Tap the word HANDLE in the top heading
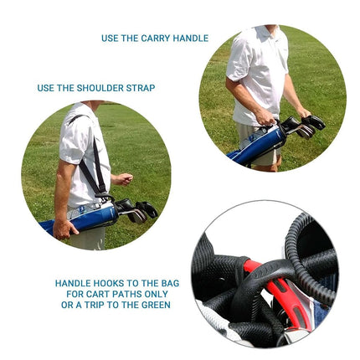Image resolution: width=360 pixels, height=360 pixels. click(x=191, y=39)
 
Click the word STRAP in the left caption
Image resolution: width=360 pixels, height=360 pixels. click(x=141, y=88)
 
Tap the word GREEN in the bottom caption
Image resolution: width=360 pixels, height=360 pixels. click(x=156, y=305)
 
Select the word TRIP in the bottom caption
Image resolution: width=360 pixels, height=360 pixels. click(x=95, y=305)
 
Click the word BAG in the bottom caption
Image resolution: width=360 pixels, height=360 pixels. click(x=170, y=283)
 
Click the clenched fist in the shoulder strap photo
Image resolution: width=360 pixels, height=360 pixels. click(x=125, y=179)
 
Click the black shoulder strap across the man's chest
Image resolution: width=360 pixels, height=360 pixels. click(x=91, y=160)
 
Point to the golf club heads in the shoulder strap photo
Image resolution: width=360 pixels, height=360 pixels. click(x=137, y=211)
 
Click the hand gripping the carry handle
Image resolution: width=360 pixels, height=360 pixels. click(x=265, y=117)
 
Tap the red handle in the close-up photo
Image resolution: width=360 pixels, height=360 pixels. click(x=282, y=293)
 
